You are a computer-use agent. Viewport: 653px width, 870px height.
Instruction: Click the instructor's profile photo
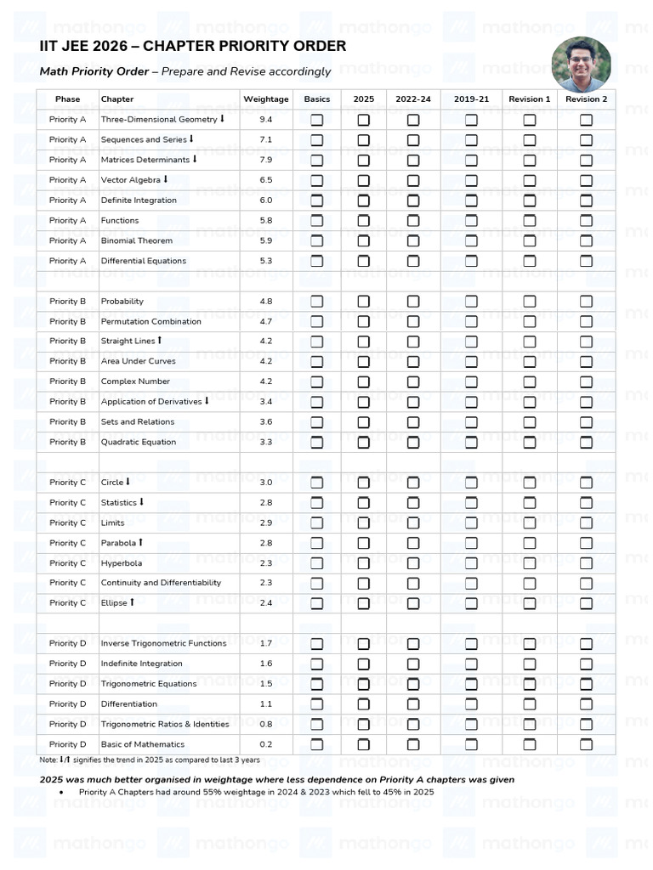581,65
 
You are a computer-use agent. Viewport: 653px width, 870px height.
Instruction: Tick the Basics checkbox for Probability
316,302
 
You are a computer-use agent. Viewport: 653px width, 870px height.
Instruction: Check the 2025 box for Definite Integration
363,201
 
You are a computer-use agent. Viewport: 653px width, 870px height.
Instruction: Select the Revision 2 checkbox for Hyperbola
586,563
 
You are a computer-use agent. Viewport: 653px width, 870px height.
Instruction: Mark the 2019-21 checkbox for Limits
471,523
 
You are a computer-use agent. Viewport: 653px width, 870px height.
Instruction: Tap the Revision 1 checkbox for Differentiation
529,704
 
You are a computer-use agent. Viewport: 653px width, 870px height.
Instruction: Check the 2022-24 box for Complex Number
413,381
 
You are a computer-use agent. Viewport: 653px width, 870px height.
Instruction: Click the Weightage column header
266,99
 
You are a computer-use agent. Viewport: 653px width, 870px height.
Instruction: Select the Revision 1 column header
529,99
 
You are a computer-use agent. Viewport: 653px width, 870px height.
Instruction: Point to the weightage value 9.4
266,120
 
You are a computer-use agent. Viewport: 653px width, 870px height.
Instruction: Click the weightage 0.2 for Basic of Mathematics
266,744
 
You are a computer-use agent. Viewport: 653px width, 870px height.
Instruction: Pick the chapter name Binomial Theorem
136,240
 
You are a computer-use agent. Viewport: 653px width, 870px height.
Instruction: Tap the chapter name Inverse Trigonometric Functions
163,643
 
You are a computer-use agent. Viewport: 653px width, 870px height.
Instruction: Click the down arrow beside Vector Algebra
165,179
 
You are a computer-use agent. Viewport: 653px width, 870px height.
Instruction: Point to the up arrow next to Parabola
140,542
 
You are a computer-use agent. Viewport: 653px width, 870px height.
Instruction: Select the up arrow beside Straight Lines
159,341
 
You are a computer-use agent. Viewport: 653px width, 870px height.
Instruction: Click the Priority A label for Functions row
68,220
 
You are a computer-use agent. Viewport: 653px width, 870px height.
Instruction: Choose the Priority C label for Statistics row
68,502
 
